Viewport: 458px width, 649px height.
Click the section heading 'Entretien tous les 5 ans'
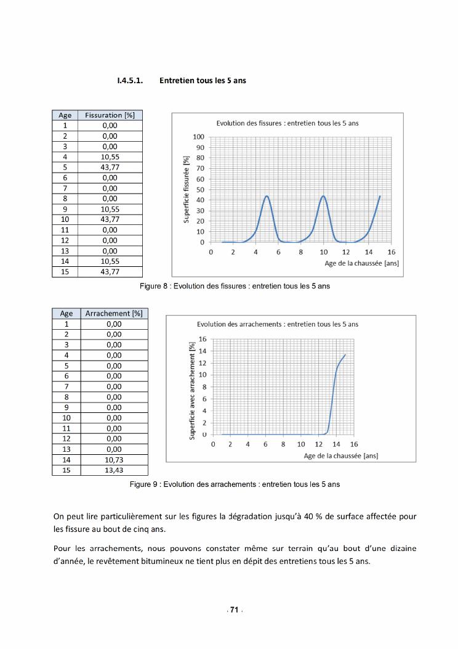(x=203, y=81)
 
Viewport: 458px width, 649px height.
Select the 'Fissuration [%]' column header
(x=110, y=115)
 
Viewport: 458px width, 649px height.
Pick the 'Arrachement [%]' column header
(x=114, y=313)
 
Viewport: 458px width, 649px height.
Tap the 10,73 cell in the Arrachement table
(x=114, y=460)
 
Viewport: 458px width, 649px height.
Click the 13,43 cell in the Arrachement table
(x=114, y=470)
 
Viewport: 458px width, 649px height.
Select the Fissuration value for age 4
(x=110, y=157)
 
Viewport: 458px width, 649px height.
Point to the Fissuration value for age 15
(x=110, y=272)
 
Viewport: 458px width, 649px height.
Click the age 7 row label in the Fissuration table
(x=65, y=188)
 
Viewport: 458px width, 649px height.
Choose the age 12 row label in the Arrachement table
(x=66, y=438)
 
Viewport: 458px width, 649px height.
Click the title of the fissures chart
(x=287, y=123)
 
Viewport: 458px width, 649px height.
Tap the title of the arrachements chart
(x=278, y=324)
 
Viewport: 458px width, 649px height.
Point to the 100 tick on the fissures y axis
(x=198, y=137)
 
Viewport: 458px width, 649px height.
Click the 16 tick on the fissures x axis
(x=392, y=252)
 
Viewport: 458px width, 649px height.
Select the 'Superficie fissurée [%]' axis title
(x=185, y=189)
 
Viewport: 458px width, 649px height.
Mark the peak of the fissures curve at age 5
(x=267, y=196)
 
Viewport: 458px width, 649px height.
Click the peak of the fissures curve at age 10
(x=323, y=196)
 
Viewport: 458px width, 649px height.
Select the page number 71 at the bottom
(x=234, y=610)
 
